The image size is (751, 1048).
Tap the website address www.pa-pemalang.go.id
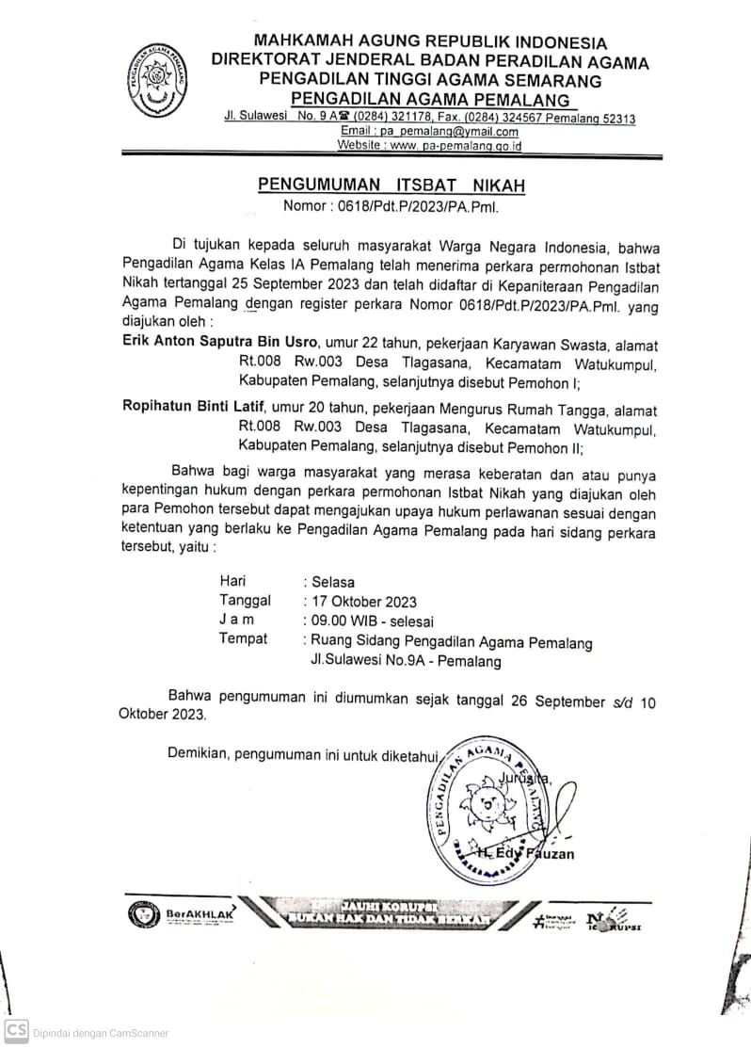429,146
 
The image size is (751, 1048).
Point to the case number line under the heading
391,207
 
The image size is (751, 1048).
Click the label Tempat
243,639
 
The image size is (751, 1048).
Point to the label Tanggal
245,601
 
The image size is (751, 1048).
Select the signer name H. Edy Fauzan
525,853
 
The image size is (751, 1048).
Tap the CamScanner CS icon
16,1031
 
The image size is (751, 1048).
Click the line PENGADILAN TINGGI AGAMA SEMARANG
430,82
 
